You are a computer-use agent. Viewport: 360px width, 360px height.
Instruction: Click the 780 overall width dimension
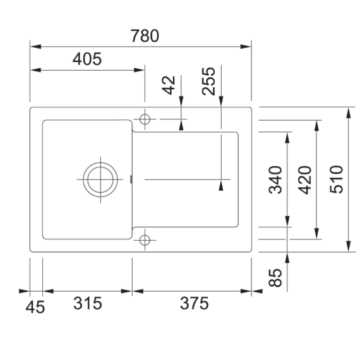pyautogui.click(x=145, y=36)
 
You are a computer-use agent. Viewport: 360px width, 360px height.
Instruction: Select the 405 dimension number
pyautogui.click(x=87, y=59)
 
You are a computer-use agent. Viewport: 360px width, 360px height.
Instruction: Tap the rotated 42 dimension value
pyautogui.click(x=169, y=85)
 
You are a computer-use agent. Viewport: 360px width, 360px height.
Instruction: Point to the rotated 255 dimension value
pyautogui.click(x=208, y=81)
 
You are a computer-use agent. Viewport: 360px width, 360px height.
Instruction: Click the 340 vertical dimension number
pyautogui.click(x=275, y=180)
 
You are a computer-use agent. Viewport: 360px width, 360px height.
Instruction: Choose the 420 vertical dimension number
pyautogui.click(x=305, y=180)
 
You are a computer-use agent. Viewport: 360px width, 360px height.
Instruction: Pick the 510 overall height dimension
pyautogui.click(x=337, y=179)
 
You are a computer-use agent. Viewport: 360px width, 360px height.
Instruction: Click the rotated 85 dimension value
pyautogui.click(x=275, y=278)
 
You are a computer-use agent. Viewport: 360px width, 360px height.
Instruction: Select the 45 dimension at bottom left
pyautogui.click(x=35, y=308)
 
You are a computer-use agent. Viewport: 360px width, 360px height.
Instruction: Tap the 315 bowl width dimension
pyautogui.click(x=88, y=303)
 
